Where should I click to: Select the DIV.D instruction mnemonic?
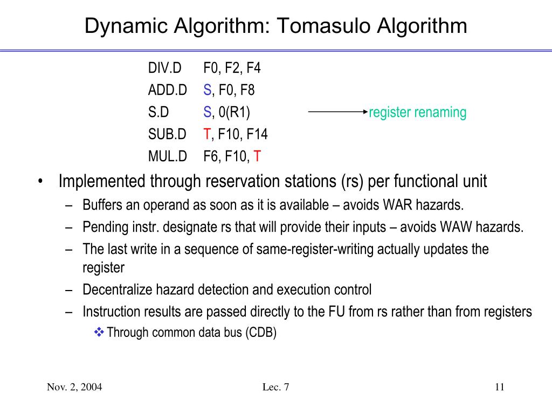tap(165, 68)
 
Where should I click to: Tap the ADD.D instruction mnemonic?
tap(168, 91)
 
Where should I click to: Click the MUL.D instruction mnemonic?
tap(168, 156)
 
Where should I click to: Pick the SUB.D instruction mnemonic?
tap(167, 134)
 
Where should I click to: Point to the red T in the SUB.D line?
tap(206, 134)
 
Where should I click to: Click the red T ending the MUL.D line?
tap(258, 156)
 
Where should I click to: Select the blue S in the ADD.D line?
tap(207, 91)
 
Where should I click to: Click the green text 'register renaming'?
tap(418, 113)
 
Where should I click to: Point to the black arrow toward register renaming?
tap(337, 112)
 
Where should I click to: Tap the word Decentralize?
tap(118, 290)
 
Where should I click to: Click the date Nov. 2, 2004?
tap(74, 387)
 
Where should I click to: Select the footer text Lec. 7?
tap(276, 387)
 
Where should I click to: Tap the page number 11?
tap(499, 387)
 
